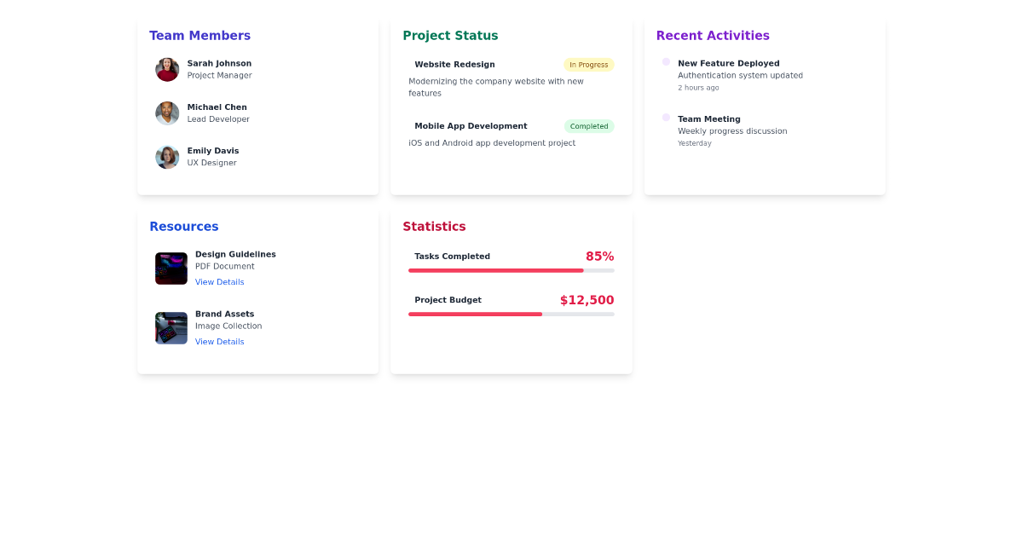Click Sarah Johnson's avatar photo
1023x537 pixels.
[x=167, y=70]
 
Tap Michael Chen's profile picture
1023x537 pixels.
[x=167, y=113]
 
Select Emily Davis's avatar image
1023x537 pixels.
[x=167, y=157]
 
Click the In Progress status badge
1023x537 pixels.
[x=588, y=65]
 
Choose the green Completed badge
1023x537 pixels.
[x=588, y=126]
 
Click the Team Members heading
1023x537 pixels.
[x=199, y=36]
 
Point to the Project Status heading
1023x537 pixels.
[x=450, y=36]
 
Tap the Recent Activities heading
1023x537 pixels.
[x=713, y=36]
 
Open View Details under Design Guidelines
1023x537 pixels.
[x=219, y=282]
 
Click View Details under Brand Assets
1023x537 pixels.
[x=219, y=342]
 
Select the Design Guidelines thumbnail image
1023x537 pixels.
[x=171, y=268]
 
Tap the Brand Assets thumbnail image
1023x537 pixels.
[x=171, y=328]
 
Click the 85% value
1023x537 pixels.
[x=599, y=257]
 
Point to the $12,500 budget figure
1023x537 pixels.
[x=587, y=300]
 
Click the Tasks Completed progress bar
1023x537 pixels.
[x=511, y=270]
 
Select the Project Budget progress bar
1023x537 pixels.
[x=511, y=315]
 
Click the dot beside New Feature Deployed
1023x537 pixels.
[x=666, y=62]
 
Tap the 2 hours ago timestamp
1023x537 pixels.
[x=698, y=88]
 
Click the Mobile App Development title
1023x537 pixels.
[x=471, y=126]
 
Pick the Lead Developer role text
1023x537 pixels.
[x=218, y=119]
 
